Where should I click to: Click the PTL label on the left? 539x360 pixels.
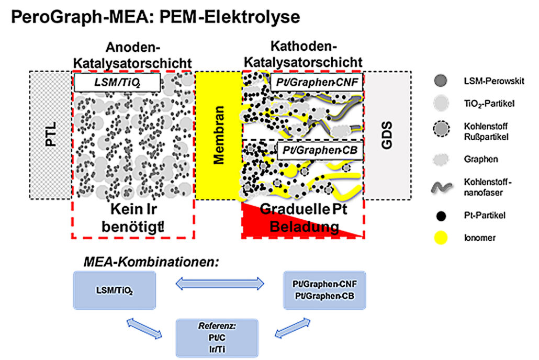click(x=51, y=136)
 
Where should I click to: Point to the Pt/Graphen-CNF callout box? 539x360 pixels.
click(x=316, y=82)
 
